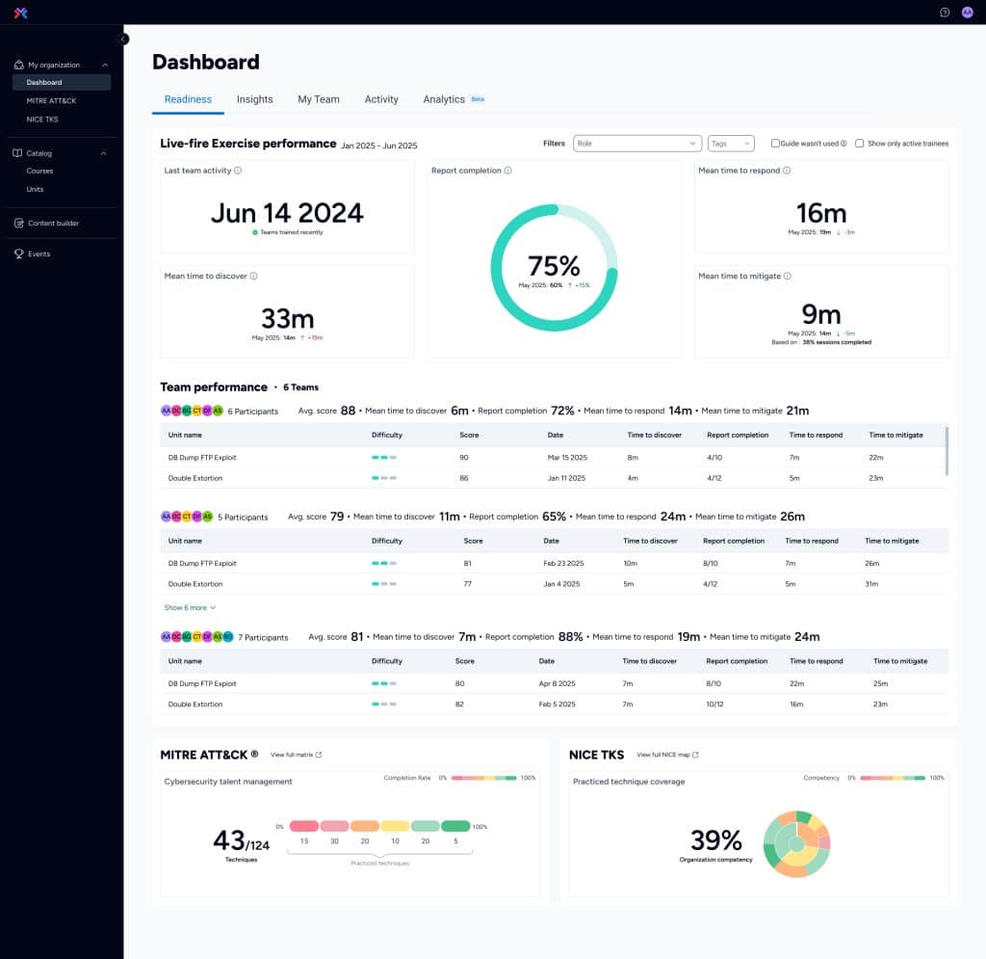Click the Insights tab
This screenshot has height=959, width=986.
tap(254, 99)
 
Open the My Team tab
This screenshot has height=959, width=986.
tap(318, 99)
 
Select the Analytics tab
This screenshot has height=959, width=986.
tap(444, 99)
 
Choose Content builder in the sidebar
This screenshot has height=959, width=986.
tap(53, 223)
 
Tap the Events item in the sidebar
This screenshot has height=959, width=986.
tap(39, 253)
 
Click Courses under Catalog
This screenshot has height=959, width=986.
tap(39, 171)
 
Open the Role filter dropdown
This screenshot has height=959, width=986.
tap(636, 144)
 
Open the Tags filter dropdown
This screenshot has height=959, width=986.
tap(730, 144)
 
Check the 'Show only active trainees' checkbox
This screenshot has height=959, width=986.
tap(860, 144)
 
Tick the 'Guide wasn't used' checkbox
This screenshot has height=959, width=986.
tap(775, 144)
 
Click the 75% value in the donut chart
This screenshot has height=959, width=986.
tap(554, 266)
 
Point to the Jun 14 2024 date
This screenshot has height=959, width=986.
tap(287, 213)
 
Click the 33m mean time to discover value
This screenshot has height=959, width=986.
tap(287, 317)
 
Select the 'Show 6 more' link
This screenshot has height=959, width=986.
tap(190, 608)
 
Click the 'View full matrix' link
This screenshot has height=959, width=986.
tap(296, 755)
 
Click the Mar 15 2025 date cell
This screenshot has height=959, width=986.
tap(567, 458)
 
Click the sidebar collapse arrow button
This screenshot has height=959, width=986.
tap(123, 39)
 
